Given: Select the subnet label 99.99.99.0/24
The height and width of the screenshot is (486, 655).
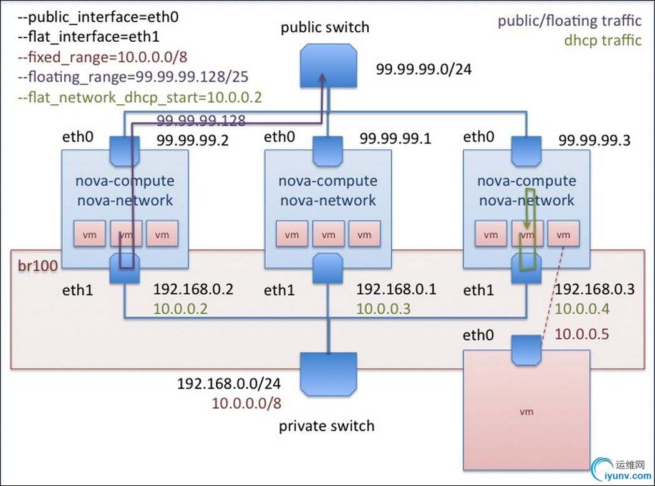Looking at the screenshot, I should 424,68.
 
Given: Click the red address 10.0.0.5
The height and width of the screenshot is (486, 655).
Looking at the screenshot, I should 581,334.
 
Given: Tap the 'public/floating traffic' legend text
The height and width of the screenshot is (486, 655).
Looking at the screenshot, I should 569,21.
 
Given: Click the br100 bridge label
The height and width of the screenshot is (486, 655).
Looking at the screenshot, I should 37,266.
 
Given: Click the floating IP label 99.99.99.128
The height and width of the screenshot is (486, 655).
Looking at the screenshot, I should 201,120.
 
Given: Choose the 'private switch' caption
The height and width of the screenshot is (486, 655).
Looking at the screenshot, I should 326,426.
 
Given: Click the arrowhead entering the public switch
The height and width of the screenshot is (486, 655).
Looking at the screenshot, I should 323,79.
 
